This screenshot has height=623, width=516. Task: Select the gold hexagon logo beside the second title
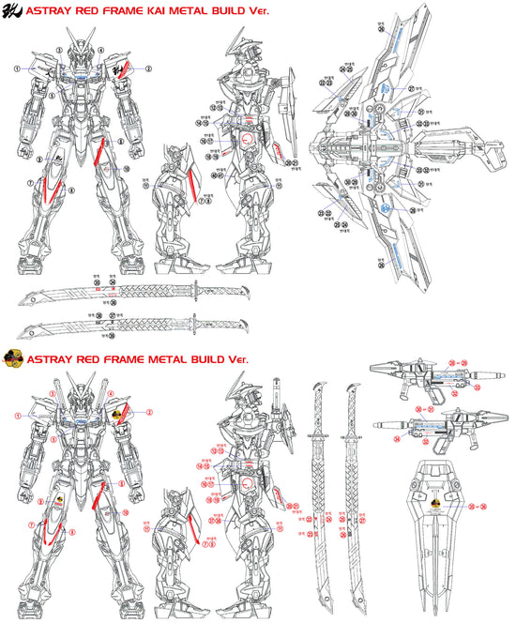pos(13,357)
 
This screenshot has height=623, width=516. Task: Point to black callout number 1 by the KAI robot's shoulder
pos(17,68)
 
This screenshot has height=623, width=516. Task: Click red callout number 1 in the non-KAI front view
pos(17,414)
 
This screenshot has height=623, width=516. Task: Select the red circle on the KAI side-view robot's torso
pos(248,138)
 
